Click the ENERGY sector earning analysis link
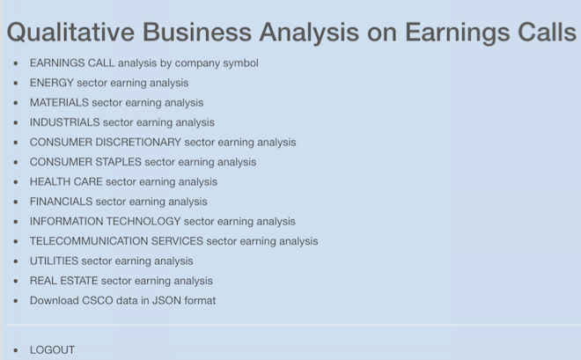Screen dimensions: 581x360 tap(109, 83)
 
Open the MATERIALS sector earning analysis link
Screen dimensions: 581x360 tap(116, 103)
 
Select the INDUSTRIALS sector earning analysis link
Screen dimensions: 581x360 tap(121, 122)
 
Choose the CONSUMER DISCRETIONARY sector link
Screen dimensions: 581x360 tap(163, 143)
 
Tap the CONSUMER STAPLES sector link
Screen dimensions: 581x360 tap(143, 162)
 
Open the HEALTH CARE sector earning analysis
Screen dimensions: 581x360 tap(123, 182)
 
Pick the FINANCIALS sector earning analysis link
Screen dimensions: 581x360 tap(118, 202)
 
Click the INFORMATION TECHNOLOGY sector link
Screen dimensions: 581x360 tap(162, 222)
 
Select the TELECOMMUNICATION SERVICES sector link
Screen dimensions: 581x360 tap(173, 241)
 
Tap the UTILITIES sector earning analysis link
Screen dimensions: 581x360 tap(111, 261)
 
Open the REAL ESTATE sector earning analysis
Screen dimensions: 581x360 tap(121, 281)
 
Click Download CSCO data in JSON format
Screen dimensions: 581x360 tap(122, 300)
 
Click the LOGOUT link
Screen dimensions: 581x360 tap(52, 350)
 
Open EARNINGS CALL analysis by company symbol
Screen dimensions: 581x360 tap(143, 63)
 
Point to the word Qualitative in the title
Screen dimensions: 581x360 tap(70, 33)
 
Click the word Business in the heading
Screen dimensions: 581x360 tap(197, 33)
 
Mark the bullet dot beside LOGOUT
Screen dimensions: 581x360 tap(16, 350)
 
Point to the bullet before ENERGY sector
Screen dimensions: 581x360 tap(16, 83)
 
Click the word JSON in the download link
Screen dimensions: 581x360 tap(166, 300)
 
